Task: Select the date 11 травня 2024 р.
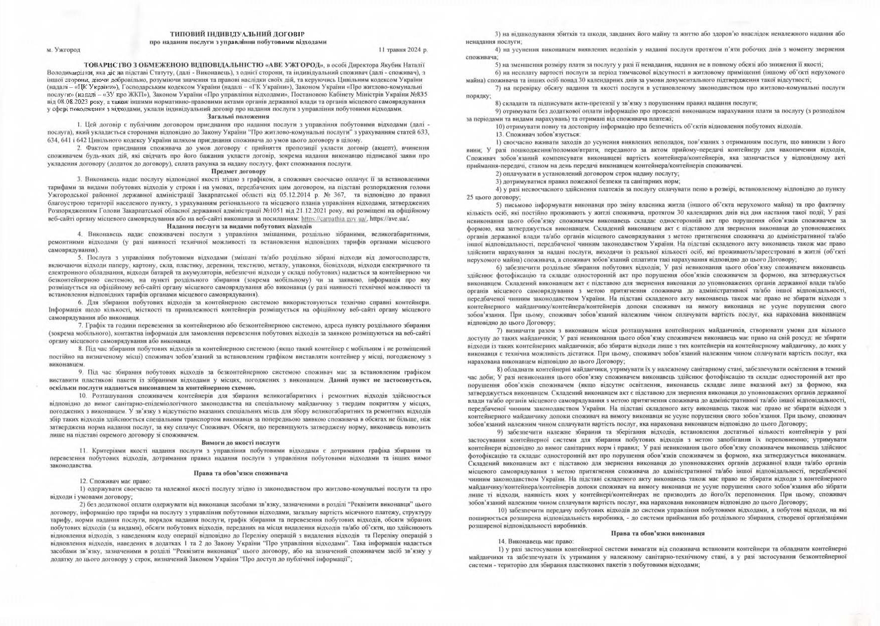[x=403, y=50]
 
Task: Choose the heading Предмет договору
[x=238, y=171]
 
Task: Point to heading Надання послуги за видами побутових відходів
[x=238, y=227]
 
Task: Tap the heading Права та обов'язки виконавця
[x=658, y=534]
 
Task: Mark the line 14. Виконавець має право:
[x=536, y=542]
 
